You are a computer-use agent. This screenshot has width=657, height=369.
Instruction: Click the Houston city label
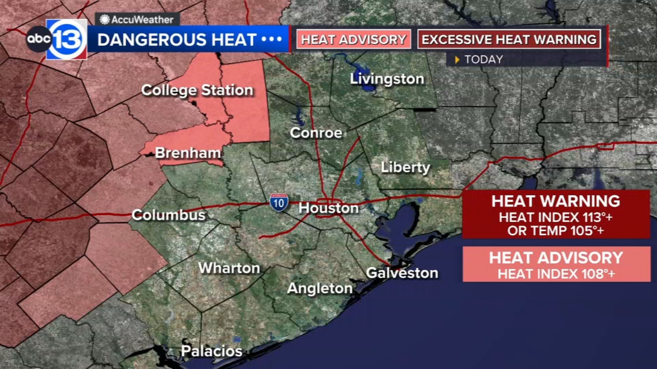(328, 208)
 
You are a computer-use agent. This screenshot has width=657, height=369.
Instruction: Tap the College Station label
(197, 90)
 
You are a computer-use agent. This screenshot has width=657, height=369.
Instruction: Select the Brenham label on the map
(188, 153)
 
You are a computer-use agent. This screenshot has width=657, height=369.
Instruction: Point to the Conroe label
(316, 132)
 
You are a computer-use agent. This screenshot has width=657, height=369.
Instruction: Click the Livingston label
(387, 79)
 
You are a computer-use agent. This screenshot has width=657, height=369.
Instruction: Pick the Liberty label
(405, 167)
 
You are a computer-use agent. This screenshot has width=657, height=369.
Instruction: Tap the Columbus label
(168, 215)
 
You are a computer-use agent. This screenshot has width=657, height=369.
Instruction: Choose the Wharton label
(229, 268)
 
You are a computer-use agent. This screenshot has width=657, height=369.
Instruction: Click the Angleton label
(319, 288)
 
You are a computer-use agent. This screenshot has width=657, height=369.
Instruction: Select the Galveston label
(402, 273)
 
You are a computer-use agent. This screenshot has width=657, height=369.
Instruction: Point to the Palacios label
(211, 351)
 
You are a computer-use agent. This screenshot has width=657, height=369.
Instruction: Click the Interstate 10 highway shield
(279, 202)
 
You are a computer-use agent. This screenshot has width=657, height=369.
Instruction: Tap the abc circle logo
(39, 39)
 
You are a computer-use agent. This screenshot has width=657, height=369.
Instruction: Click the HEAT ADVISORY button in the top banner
(354, 39)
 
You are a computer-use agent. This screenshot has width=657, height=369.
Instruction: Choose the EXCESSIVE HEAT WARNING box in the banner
(509, 39)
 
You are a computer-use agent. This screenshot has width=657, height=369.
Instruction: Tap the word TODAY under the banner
(483, 59)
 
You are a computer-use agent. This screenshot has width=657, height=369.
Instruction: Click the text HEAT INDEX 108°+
(556, 274)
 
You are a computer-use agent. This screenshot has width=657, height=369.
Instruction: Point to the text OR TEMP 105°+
(556, 231)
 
